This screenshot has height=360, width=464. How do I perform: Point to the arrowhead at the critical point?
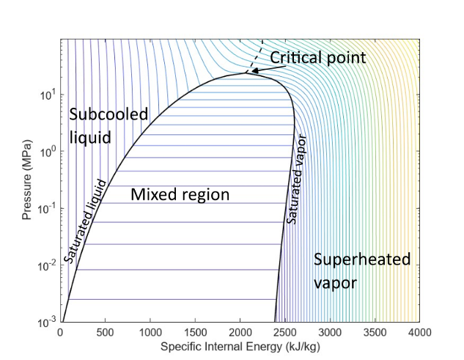(x=248, y=72)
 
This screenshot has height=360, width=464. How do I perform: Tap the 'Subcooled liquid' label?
(x=108, y=125)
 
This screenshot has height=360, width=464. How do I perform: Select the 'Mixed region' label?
(x=180, y=195)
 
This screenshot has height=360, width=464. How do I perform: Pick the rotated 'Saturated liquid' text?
(x=86, y=221)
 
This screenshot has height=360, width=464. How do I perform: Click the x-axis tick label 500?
(x=106, y=331)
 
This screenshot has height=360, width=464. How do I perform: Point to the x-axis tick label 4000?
(x=419, y=331)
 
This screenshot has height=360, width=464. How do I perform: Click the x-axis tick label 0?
(x=61, y=331)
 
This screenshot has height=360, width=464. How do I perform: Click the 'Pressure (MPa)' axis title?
(x=26, y=180)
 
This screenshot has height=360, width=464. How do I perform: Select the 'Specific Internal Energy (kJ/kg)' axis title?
(x=240, y=345)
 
